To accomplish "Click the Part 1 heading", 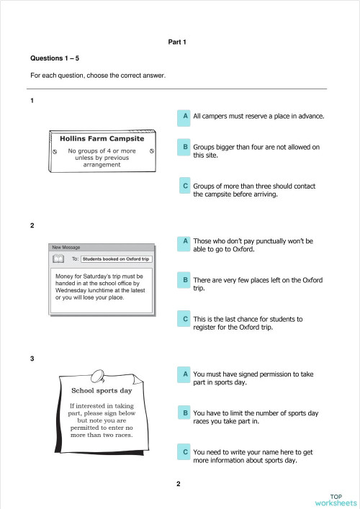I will [x=177, y=42].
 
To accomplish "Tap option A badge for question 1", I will [x=185, y=115].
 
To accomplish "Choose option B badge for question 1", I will [x=185, y=147].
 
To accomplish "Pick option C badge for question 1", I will [x=185, y=186].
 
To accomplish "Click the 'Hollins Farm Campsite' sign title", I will [x=102, y=138].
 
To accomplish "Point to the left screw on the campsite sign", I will [x=55, y=151].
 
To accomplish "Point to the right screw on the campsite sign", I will [x=151, y=151].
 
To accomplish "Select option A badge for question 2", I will [x=185, y=241].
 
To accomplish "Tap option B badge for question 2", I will [x=185, y=279].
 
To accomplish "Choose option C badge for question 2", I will [x=185, y=318].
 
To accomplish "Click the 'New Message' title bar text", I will [x=66, y=247].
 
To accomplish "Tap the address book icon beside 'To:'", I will [x=58, y=258].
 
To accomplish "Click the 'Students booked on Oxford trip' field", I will [x=116, y=258].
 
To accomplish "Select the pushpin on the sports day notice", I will [x=97, y=375].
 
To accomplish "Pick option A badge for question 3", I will [x=185, y=374].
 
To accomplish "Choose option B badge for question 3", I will [x=185, y=413].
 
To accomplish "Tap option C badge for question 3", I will [x=185, y=452].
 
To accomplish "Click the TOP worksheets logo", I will [x=336, y=500].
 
